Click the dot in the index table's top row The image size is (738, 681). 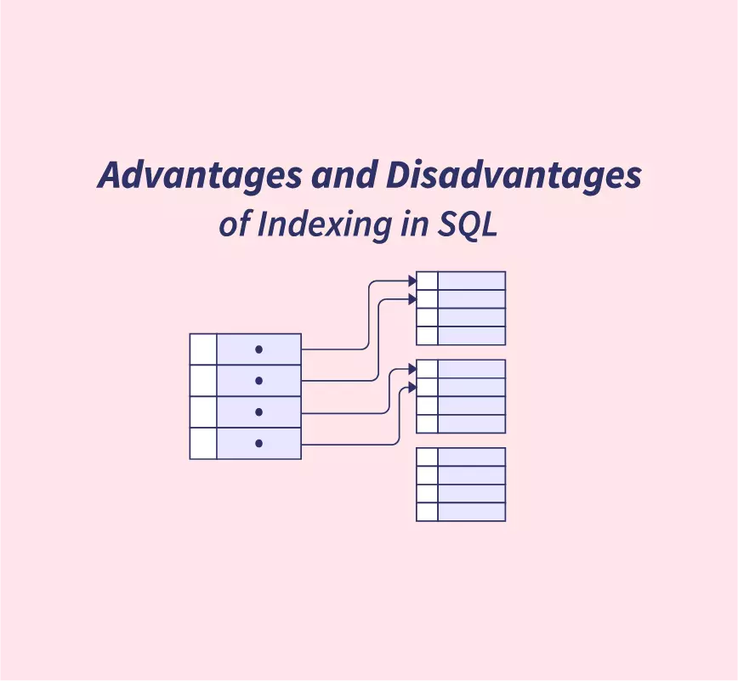(x=258, y=349)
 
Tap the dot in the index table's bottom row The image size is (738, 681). (x=258, y=443)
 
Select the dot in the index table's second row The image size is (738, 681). (x=258, y=380)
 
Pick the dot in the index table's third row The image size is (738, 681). (x=258, y=411)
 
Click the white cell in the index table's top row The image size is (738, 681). (x=203, y=349)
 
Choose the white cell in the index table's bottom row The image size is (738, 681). (x=203, y=443)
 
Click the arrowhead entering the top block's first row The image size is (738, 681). (x=412, y=281)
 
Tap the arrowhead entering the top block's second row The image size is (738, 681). (x=412, y=299)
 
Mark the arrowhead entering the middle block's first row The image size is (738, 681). (x=412, y=370)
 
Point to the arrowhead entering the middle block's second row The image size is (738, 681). (x=412, y=388)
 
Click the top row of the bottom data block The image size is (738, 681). (x=461, y=457)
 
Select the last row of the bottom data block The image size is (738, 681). (x=461, y=512)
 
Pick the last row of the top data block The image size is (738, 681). (x=461, y=336)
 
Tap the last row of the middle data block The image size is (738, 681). (x=461, y=423)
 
